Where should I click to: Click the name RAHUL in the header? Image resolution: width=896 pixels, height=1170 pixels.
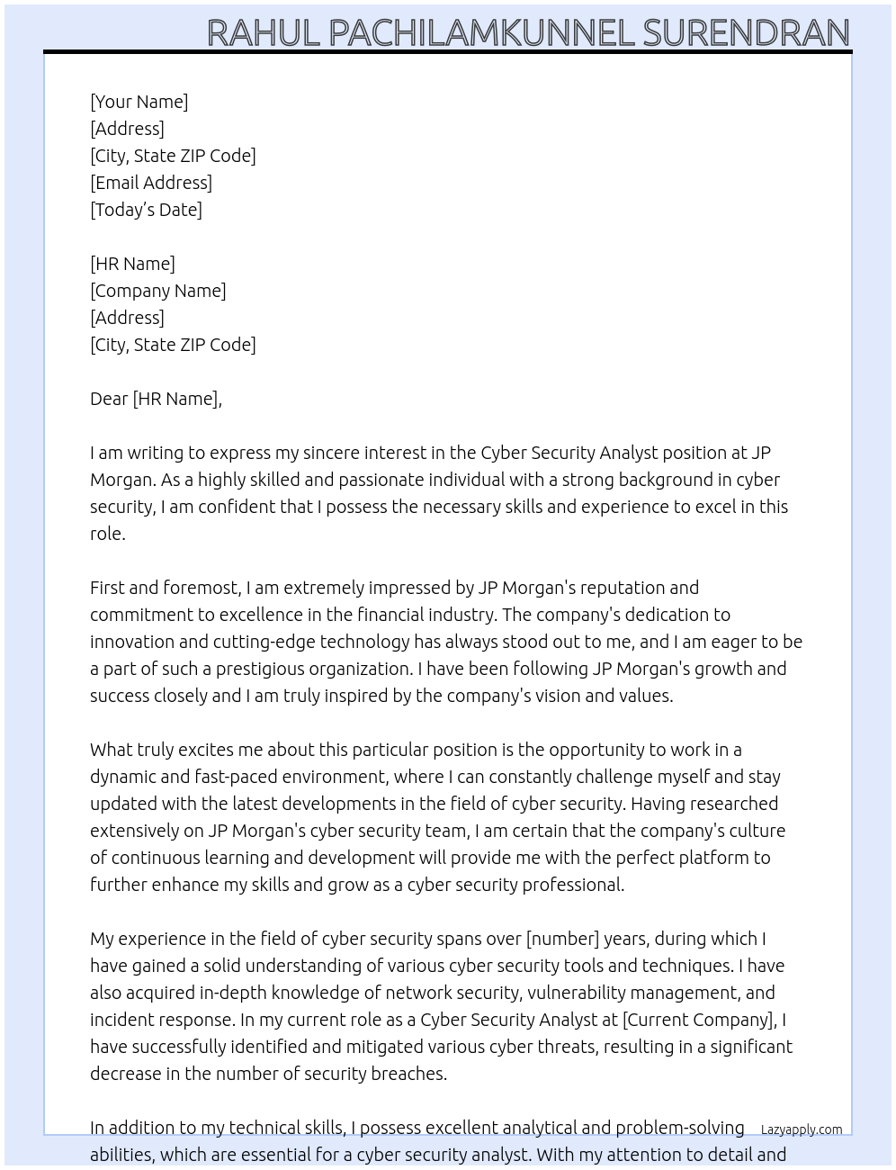tap(264, 32)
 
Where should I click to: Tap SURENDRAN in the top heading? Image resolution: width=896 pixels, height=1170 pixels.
tap(746, 32)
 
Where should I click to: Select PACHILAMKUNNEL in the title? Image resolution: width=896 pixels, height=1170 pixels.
tap(481, 32)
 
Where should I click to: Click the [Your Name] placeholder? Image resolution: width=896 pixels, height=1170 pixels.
tap(139, 102)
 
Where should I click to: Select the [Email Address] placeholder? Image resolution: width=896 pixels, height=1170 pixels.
tap(151, 183)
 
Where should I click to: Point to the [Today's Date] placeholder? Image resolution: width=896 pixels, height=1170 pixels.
tap(146, 210)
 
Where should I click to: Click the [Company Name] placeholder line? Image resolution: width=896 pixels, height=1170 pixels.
tap(157, 291)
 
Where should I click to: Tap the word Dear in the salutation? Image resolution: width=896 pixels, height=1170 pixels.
tap(109, 399)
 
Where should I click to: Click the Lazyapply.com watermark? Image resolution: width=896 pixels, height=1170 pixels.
tap(801, 1129)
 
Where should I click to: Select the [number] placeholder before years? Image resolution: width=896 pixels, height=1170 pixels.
tap(562, 939)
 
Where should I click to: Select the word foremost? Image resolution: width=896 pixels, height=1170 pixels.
tap(202, 588)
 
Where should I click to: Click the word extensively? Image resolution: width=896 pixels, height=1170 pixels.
tap(146, 831)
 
